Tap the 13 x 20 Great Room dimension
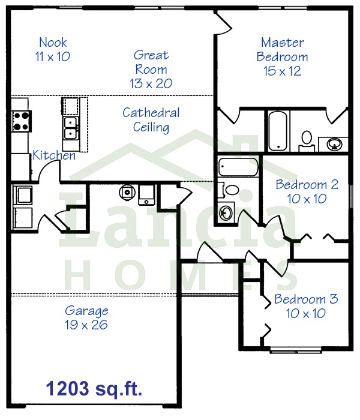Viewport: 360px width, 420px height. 151,83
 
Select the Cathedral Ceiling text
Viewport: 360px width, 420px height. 151,120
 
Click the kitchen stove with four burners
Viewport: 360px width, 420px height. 22,121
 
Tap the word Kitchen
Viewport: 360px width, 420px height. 54,155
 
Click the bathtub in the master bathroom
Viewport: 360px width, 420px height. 278,131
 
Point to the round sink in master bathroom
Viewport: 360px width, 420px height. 334,145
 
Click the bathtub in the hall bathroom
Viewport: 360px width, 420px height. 238,167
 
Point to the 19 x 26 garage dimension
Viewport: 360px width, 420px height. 86,325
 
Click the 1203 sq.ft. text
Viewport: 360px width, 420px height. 94,389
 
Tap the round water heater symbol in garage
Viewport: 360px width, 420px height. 127,192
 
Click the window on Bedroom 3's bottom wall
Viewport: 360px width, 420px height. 295,350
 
